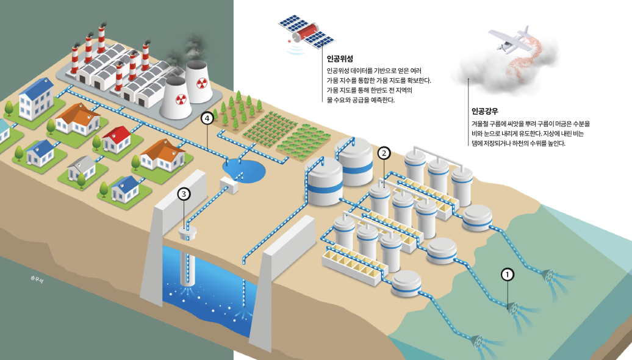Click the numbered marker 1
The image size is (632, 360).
click(x=507, y=275)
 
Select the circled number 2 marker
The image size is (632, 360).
click(x=384, y=153)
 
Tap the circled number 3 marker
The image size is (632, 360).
click(x=184, y=194)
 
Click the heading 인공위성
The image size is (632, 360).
click(x=340, y=59)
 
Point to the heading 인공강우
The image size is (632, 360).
click(x=484, y=112)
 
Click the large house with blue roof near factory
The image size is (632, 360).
click(x=37, y=99)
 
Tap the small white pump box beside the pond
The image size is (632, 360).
click(x=229, y=184)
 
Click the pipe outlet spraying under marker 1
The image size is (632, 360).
click(x=513, y=309)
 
